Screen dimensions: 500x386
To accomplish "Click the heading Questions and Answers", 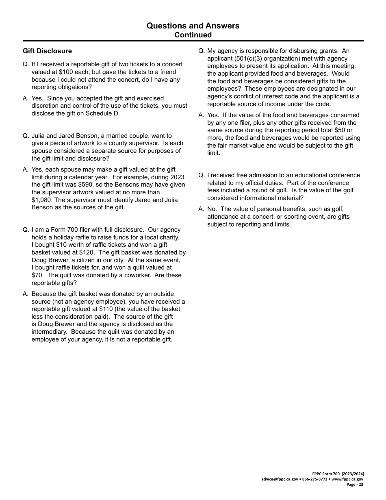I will coord(193,26).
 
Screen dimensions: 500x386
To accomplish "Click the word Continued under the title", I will coord(193,35).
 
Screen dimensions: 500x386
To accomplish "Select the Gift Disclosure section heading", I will coord(47,51).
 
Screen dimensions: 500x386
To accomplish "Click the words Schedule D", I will coord(104,113).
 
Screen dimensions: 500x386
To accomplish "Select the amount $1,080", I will coord(43,200).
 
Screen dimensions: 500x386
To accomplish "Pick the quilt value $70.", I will coord(37,275).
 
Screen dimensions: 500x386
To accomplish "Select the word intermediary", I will coord(50,332).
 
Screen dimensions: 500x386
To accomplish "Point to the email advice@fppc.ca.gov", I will coord(280,479).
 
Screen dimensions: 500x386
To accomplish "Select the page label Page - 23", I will coord(355,485).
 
